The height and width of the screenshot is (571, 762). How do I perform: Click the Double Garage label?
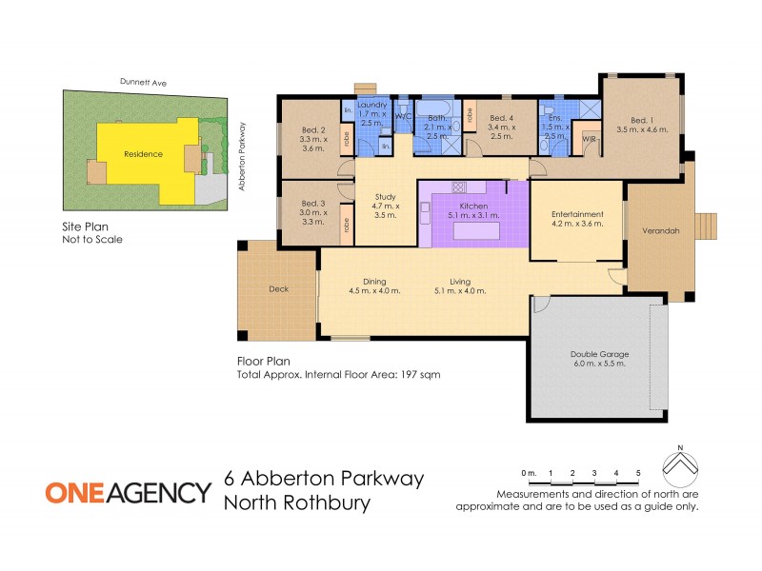tap(599, 354)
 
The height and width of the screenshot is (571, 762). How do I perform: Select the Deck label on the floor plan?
tap(278, 288)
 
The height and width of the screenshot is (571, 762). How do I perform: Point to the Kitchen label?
tap(473, 206)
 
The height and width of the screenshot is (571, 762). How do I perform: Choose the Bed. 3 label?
tap(313, 204)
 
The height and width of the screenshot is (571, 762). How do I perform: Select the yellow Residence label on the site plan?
tap(144, 153)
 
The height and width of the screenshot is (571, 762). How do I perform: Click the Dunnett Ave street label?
tap(143, 84)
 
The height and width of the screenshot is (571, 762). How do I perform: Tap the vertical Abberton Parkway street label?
tap(243, 156)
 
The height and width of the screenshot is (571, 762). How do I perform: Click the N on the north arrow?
tap(680, 446)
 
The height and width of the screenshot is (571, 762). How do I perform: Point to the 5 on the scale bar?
tap(638, 472)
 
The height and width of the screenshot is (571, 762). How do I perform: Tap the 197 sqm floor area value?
tap(424, 375)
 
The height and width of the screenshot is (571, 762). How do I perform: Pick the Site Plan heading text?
tap(84, 227)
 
